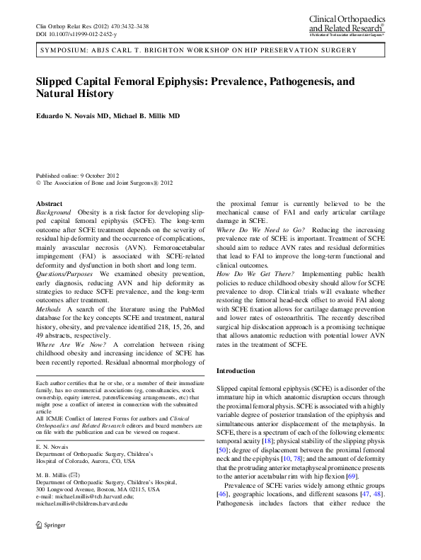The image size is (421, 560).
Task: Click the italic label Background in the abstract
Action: [53, 212]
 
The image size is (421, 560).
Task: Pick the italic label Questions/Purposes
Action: [66, 273]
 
